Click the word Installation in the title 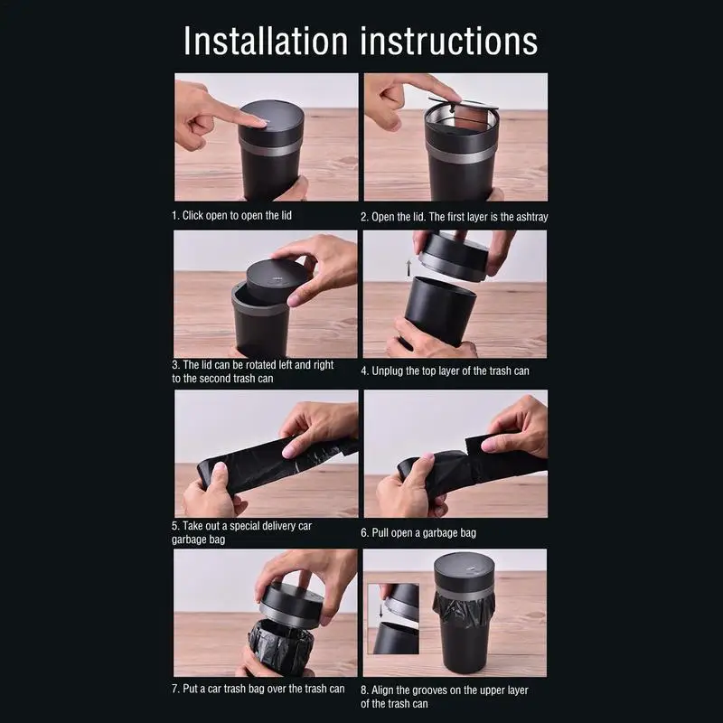[x=266, y=41]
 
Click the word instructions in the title [x=448, y=41]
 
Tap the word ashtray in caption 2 [x=531, y=217]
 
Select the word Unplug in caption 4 [x=388, y=371]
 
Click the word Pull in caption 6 [x=380, y=532]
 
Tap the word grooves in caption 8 [x=427, y=690]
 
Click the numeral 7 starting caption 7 [x=174, y=689]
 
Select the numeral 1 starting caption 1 [x=174, y=215]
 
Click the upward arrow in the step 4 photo [x=408, y=268]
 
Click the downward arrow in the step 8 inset [x=380, y=611]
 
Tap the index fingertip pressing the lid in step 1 [x=258, y=122]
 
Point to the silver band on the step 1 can [x=269, y=147]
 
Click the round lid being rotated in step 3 [x=278, y=280]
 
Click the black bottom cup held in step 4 [x=440, y=310]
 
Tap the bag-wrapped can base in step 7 [x=281, y=646]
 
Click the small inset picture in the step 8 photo [x=393, y=619]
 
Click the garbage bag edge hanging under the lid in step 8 [x=464, y=607]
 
